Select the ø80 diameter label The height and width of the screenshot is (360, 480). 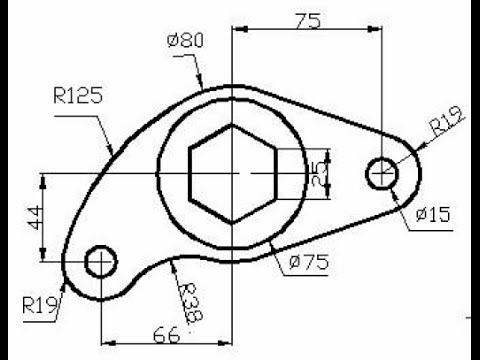pos(187,42)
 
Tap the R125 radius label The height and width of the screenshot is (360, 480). pos(79,97)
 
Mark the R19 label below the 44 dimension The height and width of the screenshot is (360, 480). pos(37,301)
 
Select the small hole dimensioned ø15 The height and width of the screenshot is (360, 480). pos(382,173)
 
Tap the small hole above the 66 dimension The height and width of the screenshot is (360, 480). pos(101,262)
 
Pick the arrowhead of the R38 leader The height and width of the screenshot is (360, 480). pos(172,260)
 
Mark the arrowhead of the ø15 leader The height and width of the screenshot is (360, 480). pos(392,185)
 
